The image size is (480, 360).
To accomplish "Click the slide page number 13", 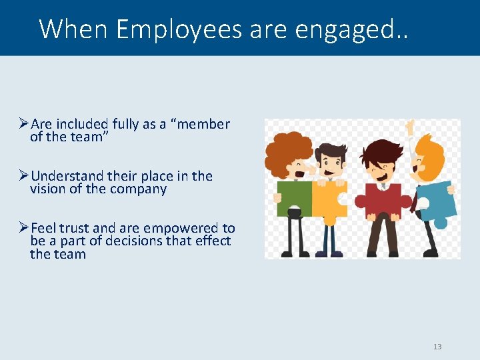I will pyautogui.click(x=437, y=347).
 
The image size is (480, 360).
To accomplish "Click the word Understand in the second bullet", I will pyautogui.click(x=67, y=176).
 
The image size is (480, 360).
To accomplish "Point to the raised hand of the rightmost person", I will pyautogui.click(x=409, y=127).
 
